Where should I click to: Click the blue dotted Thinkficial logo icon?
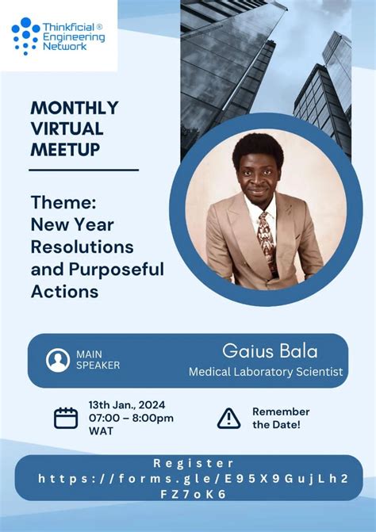click(26, 36)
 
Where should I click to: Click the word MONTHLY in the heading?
click(75, 108)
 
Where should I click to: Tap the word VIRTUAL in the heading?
click(67, 129)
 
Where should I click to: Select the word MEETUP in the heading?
click(65, 150)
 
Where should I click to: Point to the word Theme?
click(63, 202)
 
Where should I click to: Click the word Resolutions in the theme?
click(82, 247)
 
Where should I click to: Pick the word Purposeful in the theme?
click(117, 270)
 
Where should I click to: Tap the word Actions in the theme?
click(65, 292)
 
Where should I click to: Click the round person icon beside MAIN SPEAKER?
click(58, 360)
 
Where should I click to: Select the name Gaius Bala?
click(270, 350)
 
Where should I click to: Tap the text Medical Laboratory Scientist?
click(266, 372)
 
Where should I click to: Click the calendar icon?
click(66, 418)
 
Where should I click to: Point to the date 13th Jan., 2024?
click(127, 405)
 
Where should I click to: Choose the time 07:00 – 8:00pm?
click(131, 418)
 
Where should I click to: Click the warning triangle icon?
click(228, 419)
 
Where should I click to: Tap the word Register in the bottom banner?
click(194, 463)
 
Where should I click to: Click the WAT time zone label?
click(101, 431)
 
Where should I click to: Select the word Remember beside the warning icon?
click(281, 411)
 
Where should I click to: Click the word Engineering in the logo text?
click(74, 36)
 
